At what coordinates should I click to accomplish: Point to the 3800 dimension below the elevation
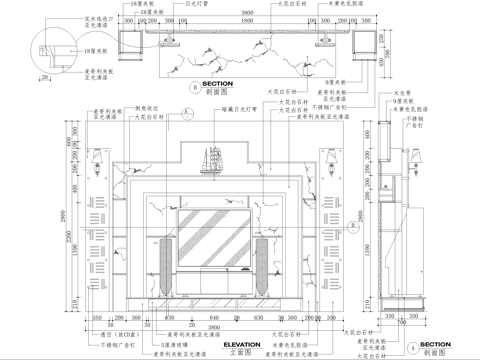[212, 326]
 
